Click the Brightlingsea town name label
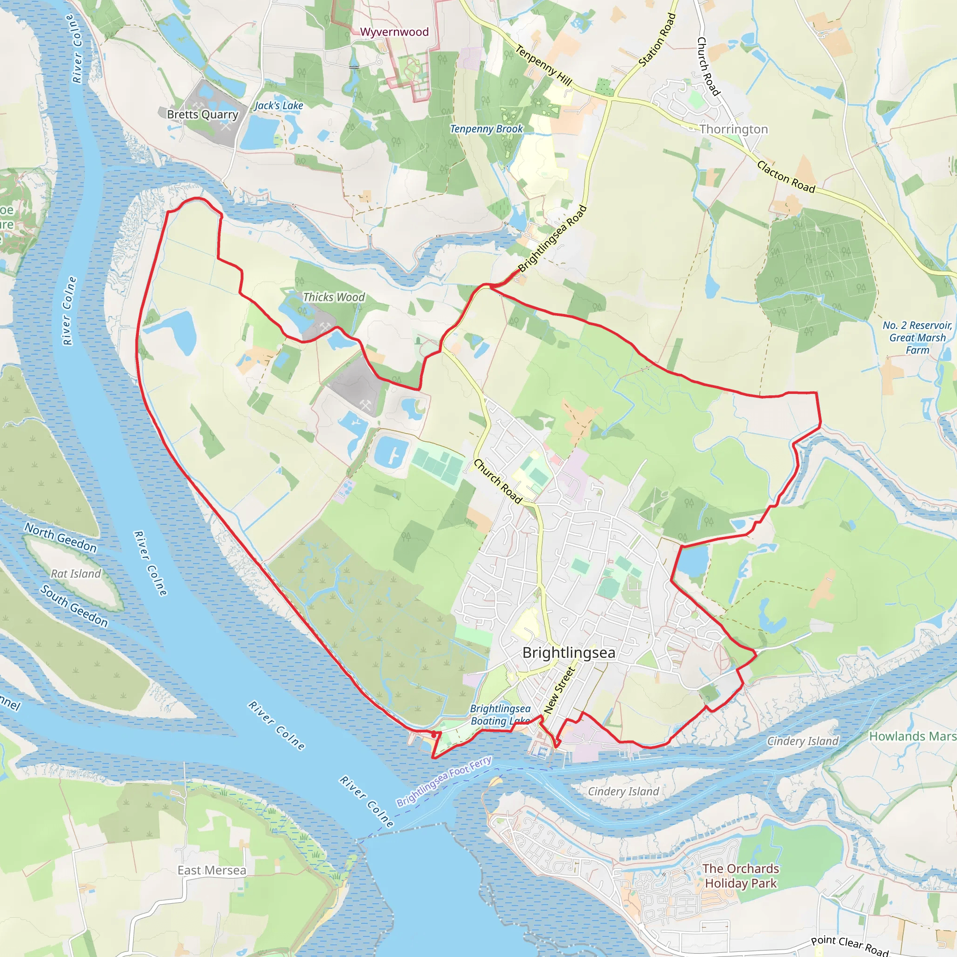coord(569,652)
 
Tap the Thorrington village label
coord(734,129)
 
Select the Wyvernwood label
coord(394,32)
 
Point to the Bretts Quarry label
coord(203,114)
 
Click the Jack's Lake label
coord(279,106)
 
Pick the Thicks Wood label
coord(334,297)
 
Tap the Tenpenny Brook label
coord(486,129)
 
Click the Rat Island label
coord(76,574)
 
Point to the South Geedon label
coord(74,606)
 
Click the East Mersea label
coord(212,870)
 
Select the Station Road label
coord(657,40)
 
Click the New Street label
coord(559,690)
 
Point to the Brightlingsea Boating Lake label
coord(500,715)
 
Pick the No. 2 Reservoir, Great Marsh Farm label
coord(917,337)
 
